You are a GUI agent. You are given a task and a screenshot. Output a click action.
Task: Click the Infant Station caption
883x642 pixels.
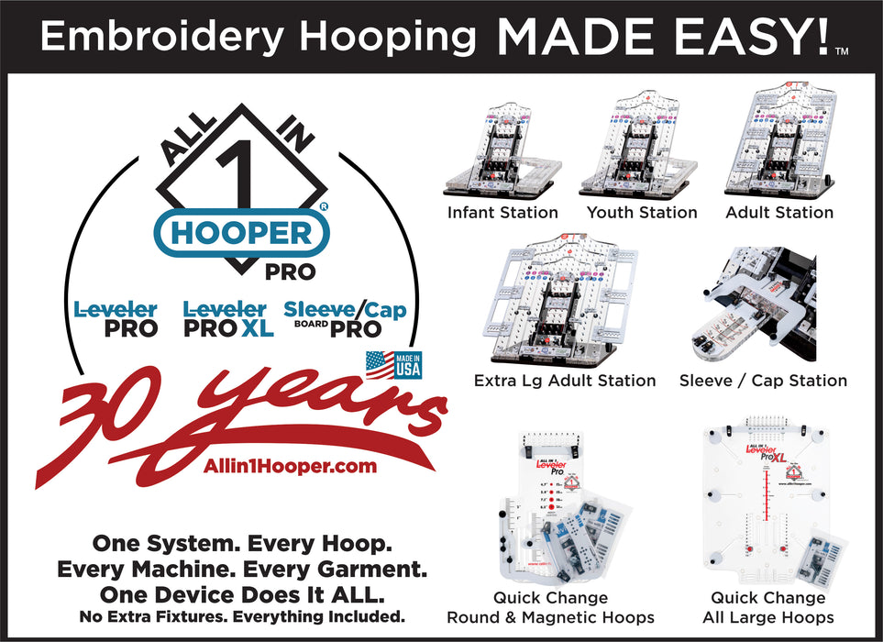(x=502, y=213)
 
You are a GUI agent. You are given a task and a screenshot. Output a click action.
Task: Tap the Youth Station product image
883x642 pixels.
(x=641, y=147)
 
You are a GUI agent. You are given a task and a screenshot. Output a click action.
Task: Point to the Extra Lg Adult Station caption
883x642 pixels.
(x=565, y=380)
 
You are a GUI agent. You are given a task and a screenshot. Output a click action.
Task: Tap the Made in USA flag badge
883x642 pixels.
(x=393, y=364)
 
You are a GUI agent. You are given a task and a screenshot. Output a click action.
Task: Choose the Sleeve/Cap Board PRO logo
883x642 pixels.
(x=345, y=319)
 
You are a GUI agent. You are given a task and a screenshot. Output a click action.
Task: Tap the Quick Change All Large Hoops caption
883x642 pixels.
(x=767, y=608)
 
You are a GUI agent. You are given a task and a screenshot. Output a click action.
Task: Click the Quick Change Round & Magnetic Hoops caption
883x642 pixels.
(x=550, y=608)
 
